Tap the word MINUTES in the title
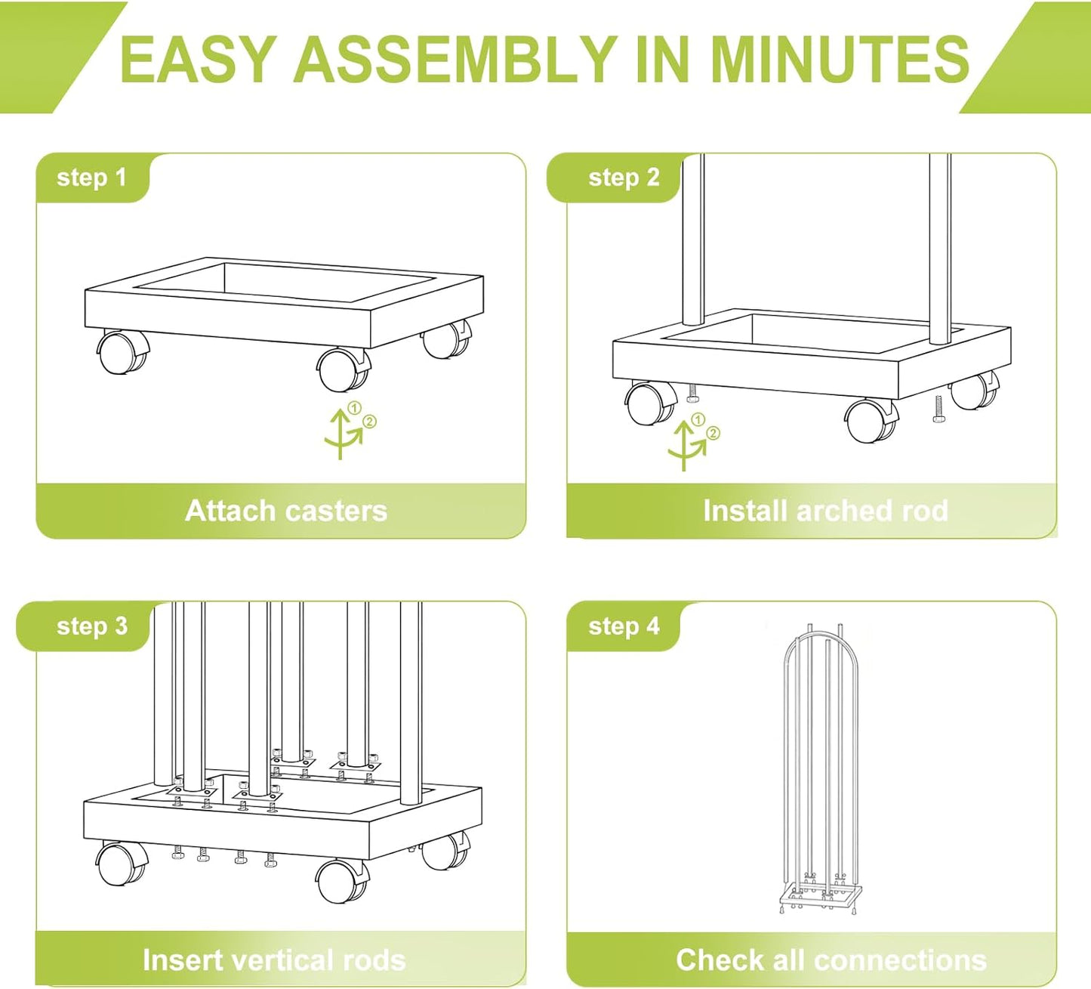click(840, 59)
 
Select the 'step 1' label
click(91, 178)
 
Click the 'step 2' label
click(624, 178)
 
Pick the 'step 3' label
click(92, 626)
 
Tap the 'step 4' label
click(624, 626)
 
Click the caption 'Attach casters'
click(286, 511)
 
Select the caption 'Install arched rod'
click(825, 511)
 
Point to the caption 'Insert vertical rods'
click(274, 960)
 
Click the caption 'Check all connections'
click(831, 960)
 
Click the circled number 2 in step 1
click(369, 422)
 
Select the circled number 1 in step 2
click(698, 419)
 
